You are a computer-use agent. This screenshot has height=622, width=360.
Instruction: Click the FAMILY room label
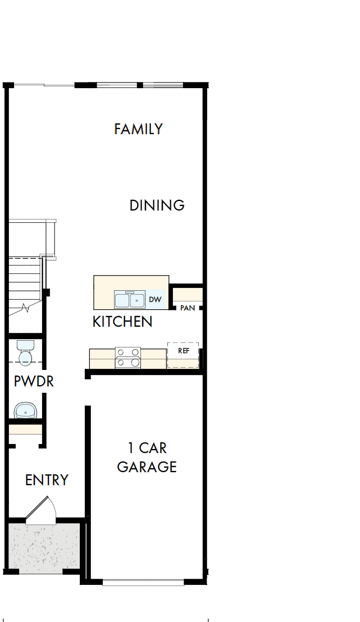coord(138,129)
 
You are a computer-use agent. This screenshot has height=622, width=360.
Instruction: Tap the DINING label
coord(157,205)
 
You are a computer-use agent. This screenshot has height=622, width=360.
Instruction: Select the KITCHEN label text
coord(122,322)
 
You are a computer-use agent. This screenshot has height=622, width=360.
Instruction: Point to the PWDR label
coord(34,382)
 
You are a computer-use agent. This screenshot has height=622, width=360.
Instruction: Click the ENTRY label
coord(47,480)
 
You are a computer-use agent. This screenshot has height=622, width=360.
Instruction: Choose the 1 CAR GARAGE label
coord(147,458)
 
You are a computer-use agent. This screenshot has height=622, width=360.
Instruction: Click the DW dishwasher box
coord(156,300)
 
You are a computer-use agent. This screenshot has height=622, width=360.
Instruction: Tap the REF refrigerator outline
coord(183,355)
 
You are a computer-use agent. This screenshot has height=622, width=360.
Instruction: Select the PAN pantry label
coord(187,308)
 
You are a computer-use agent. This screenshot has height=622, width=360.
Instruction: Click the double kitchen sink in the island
coord(130,300)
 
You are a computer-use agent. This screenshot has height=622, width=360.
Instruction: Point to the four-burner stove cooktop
coord(127,358)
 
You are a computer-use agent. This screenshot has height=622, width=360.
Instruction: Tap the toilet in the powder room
coord(25,352)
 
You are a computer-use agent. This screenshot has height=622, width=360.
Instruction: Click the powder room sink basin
coord(25,410)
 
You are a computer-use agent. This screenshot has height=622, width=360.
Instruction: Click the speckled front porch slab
coord(45,548)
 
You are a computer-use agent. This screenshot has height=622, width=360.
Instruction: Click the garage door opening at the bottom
coord(144,583)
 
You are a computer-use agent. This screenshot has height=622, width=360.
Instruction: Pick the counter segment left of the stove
coord(102,359)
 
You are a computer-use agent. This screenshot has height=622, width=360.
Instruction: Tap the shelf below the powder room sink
coord(25,431)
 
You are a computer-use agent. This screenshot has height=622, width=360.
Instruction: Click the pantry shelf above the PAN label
coord(187,295)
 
